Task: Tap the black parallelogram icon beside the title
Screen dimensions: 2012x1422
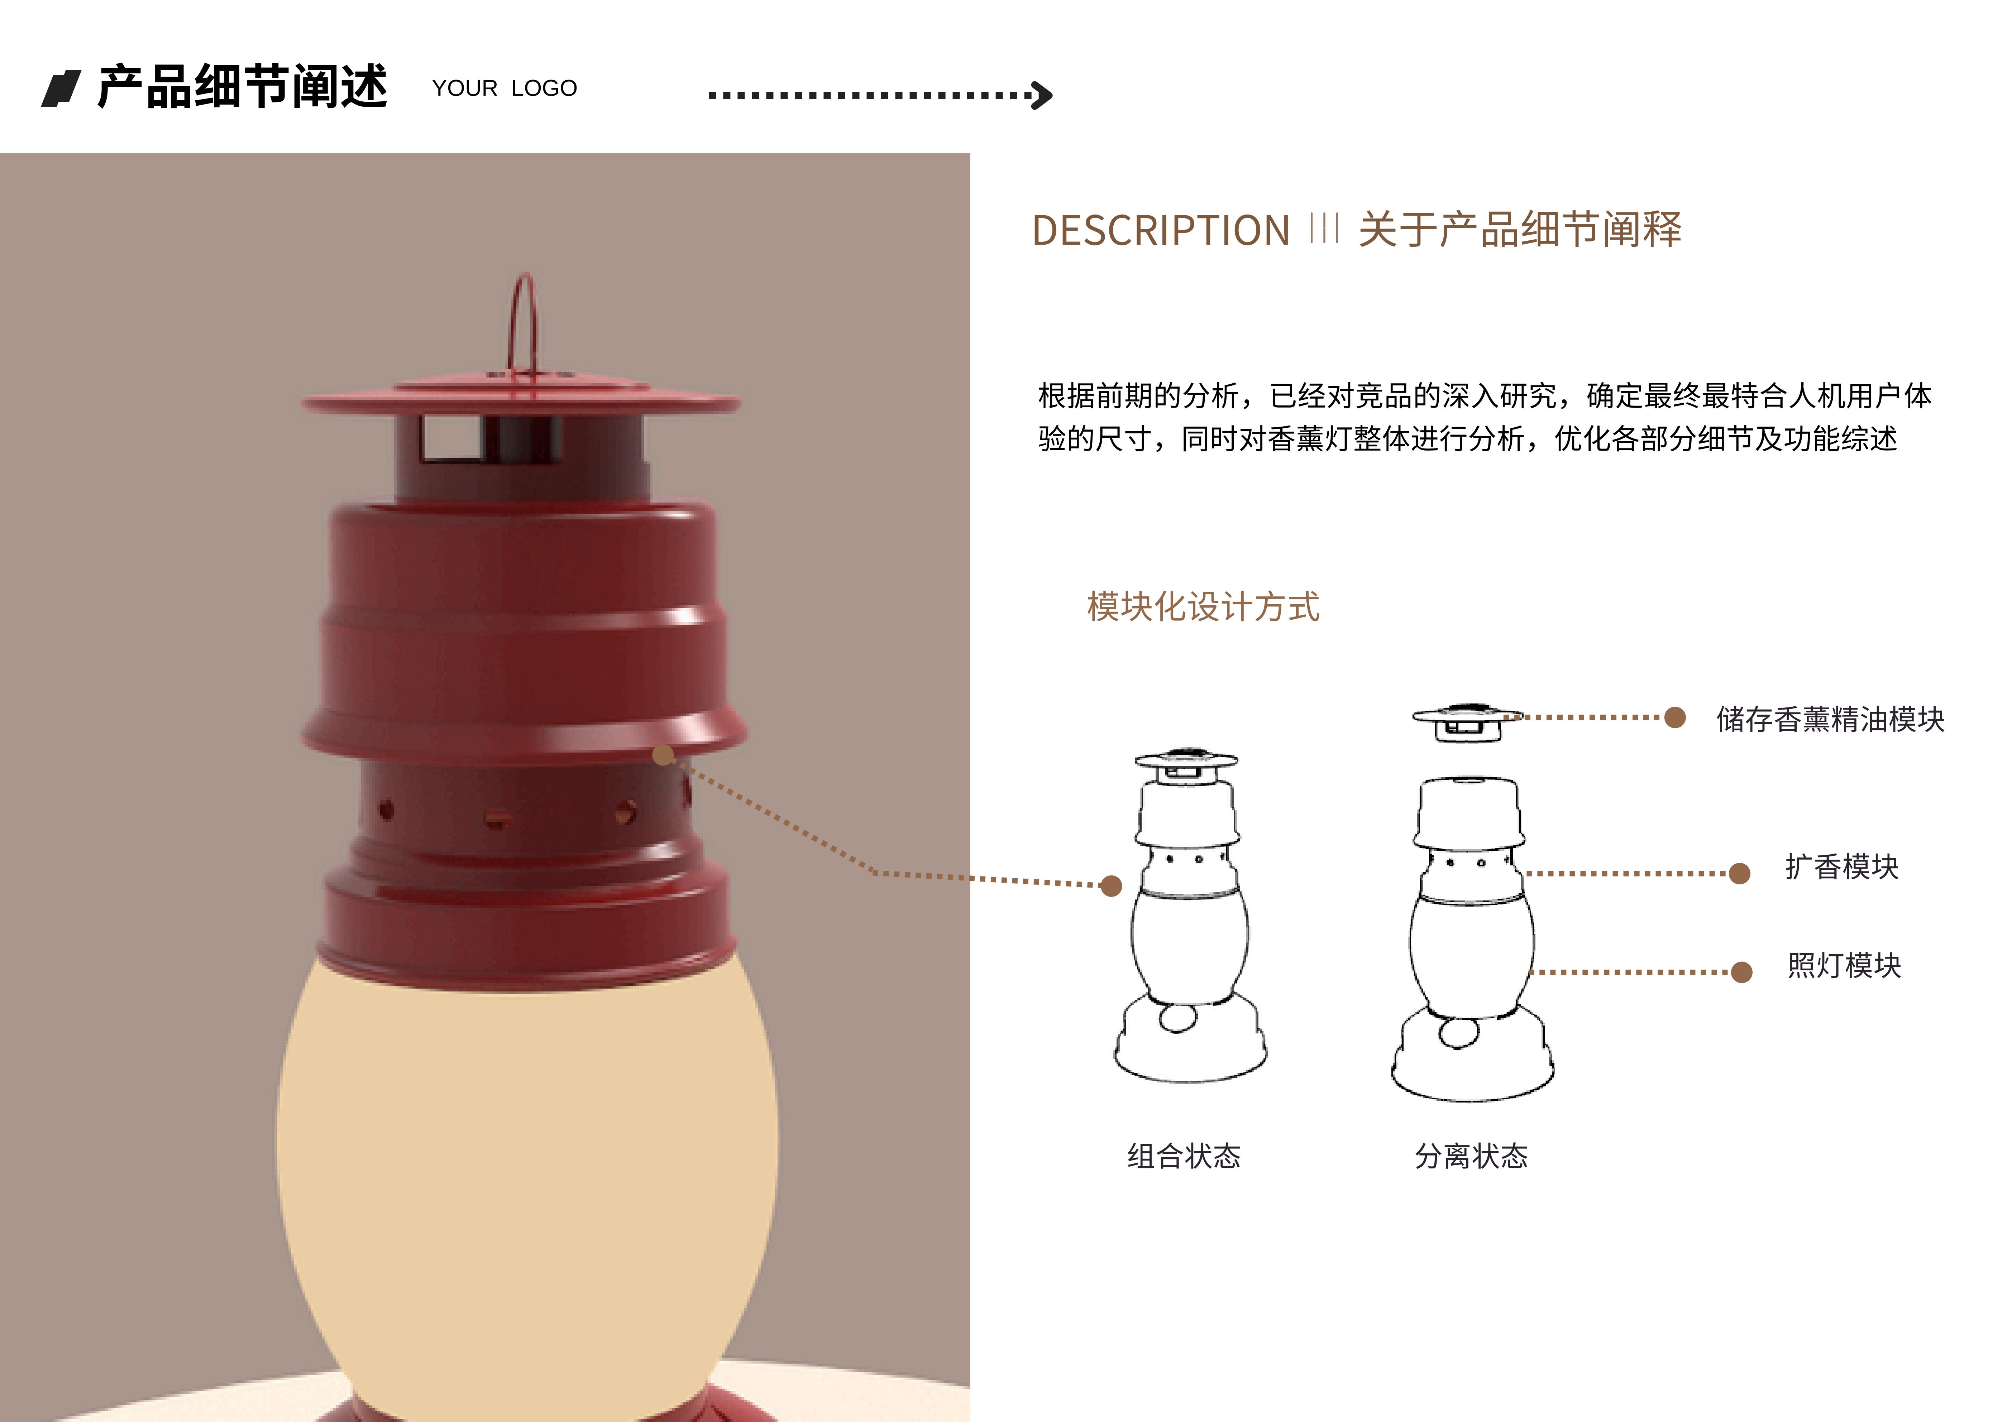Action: click(x=61, y=88)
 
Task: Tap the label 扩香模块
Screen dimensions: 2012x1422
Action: click(x=1842, y=866)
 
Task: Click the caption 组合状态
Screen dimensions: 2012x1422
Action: click(x=1184, y=1156)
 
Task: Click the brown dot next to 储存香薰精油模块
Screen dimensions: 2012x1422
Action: click(x=1674, y=717)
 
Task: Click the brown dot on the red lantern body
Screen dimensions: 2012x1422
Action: click(x=663, y=754)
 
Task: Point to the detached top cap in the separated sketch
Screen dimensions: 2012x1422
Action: click(x=1467, y=722)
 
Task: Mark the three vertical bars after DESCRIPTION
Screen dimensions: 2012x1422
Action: click(x=1324, y=229)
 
